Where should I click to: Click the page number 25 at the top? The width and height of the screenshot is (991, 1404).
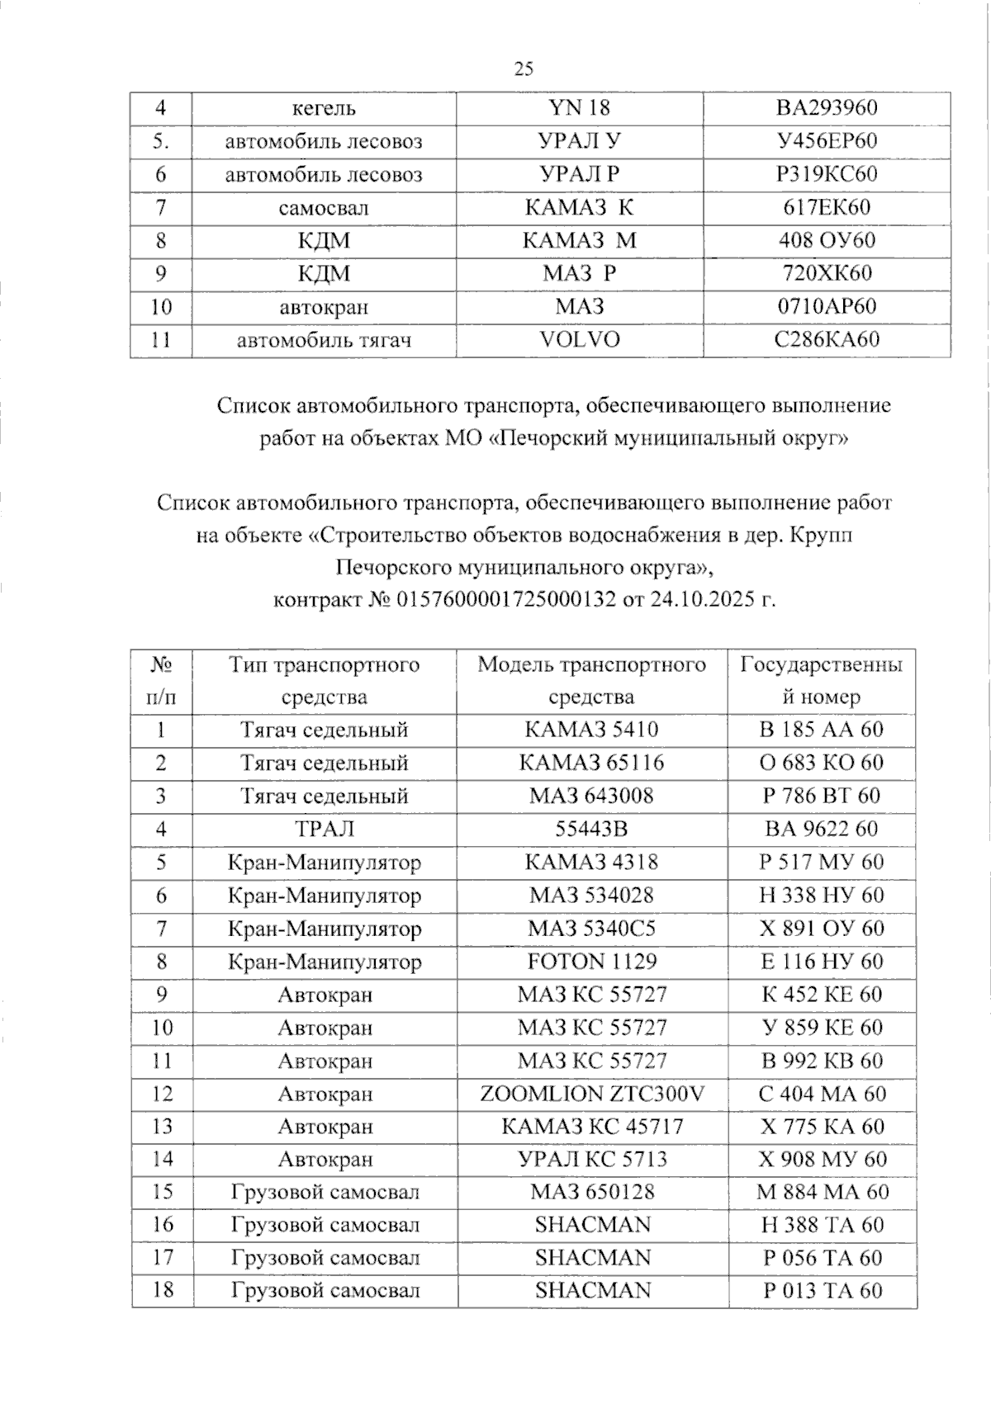524,69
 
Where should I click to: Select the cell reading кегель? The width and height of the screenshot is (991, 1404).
324,108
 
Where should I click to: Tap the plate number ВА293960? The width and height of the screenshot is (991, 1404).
827,108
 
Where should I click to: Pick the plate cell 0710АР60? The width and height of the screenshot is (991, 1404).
827,307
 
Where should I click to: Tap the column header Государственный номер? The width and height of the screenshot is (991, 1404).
822,681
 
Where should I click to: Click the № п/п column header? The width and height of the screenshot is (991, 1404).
161,681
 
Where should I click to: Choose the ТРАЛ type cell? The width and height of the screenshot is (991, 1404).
324,829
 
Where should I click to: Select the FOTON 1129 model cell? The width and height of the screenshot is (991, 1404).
592,962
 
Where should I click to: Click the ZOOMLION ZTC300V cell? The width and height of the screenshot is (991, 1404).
592,1094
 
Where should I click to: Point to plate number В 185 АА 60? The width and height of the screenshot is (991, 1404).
822,730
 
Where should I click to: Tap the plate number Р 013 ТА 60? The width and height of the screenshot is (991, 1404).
823,1291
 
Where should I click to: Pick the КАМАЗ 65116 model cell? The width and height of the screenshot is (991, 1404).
592,763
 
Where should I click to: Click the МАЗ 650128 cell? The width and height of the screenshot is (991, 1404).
592,1192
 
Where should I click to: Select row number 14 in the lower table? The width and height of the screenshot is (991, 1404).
162,1159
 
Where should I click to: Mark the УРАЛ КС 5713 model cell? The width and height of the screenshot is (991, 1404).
592,1159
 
